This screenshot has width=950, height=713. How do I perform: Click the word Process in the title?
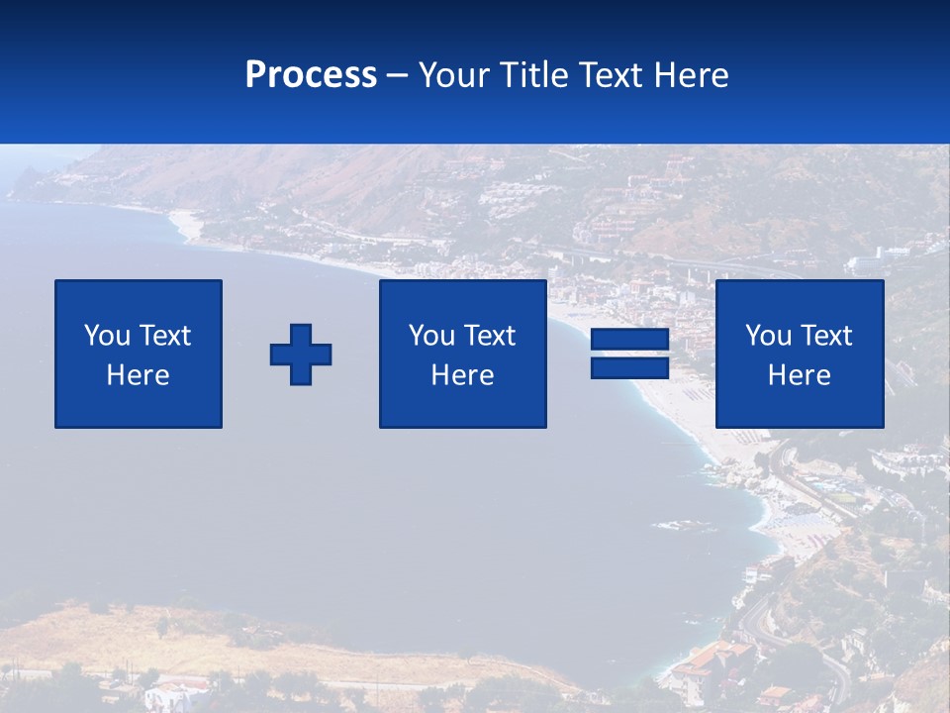pyautogui.click(x=311, y=75)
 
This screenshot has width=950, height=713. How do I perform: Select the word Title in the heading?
pyautogui.click(x=535, y=75)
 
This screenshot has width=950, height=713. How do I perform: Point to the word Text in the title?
pyautogui.click(x=615, y=75)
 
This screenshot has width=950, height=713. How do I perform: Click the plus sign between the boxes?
pyautogui.click(x=301, y=355)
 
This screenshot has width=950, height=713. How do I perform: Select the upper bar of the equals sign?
pyautogui.click(x=629, y=340)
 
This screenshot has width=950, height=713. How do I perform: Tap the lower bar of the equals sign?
pyautogui.click(x=629, y=367)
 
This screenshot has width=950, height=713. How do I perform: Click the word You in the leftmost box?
pyautogui.click(x=107, y=336)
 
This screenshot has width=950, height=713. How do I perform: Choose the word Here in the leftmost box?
pyautogui.click(x=138, y=375)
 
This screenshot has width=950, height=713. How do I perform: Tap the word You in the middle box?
pyautogui.click(x=431, y=336)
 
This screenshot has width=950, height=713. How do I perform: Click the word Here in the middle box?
pyautogui.click(x=462, y=375)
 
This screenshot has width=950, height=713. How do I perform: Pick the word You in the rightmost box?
pyautogui.click(x=768, y=336)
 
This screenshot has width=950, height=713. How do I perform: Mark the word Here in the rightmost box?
pyautogui.click(x=799, y=375)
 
